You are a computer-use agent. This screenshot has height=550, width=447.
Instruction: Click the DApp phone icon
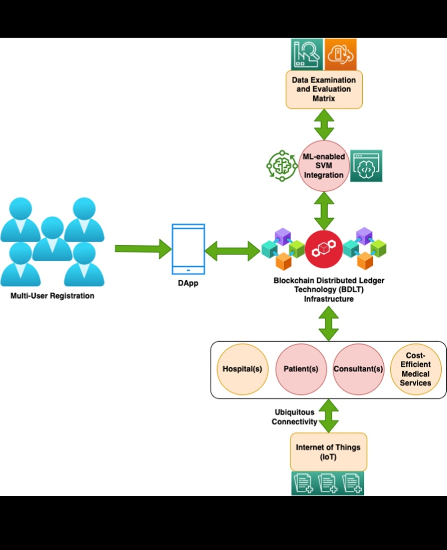(x=188, y=249)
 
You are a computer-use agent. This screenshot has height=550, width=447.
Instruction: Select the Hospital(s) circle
(x=243, y=369)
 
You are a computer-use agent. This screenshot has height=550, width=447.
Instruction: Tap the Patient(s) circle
(x=301, y=369)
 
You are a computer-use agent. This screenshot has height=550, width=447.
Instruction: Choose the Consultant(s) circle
(x=358, y=369)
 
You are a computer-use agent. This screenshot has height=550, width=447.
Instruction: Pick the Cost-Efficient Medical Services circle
(x=416, y=369)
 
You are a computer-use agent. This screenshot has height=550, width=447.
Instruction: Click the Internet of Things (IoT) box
(x=328, y=452)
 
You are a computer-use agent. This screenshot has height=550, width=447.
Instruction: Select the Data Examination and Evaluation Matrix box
(x=324, y=89)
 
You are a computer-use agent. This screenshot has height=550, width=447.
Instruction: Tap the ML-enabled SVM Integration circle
(x=324, y=166)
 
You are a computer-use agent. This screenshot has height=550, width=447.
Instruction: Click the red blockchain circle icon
(x=324, y=249)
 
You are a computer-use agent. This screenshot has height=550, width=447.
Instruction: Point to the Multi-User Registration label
(x=53, y=296)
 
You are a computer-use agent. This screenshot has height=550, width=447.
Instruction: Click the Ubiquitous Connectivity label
(x=295, y=417)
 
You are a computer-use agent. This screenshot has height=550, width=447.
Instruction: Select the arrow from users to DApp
(x=143, y=249)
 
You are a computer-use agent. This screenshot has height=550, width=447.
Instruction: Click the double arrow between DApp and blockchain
(x=233, y=250)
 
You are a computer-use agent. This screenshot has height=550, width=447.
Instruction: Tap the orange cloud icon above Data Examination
(x=340, y=54)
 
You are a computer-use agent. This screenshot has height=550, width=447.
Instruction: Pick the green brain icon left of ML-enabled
(x=282, y=166)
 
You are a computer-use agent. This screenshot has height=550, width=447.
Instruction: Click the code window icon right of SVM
(x=366, y=166)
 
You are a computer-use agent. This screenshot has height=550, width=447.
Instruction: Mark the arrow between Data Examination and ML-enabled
(x=324, y=124)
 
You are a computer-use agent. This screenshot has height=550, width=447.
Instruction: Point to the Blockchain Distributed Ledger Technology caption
(x=329, y=290)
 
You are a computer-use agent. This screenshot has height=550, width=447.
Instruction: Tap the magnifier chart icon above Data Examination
(x=307, y=54)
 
